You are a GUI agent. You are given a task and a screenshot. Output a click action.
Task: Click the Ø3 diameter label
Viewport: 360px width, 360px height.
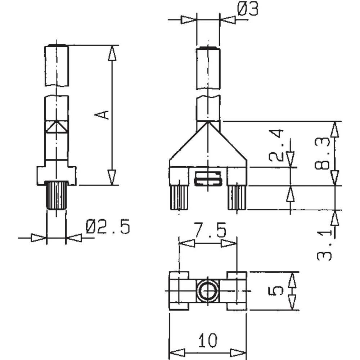coord(248,10)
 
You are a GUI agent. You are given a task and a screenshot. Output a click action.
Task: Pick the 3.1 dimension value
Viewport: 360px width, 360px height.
coord(324,246)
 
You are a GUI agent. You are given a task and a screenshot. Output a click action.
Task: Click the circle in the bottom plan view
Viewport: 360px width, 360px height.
coord(208,291)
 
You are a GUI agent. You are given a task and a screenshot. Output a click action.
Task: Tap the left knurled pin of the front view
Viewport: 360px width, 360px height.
coord(179,198)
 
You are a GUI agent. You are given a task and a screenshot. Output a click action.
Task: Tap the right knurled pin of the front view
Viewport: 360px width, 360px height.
coord(237,198)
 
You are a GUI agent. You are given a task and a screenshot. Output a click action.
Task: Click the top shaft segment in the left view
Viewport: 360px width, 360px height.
coord(57,66)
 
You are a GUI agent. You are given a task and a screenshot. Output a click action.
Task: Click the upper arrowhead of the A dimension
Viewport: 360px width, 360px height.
coord(112,53)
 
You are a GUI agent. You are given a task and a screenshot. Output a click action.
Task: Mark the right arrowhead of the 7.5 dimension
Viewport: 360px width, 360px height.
coord(229,244)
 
